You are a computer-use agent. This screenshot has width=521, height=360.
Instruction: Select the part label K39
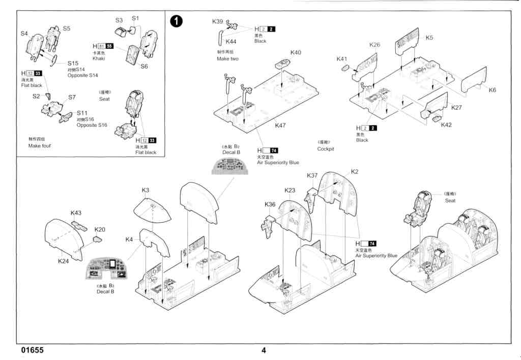[217, 21]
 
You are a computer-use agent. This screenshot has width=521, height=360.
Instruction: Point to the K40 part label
[296, 52]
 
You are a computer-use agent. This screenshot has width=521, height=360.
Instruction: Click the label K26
[374, 45]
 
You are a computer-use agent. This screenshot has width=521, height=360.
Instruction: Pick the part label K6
[492, 90]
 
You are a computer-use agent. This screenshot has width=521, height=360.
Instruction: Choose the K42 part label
[446, 125]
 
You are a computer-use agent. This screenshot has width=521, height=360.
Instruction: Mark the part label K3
[145, 190]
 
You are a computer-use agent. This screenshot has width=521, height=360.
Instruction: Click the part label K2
[355, 172]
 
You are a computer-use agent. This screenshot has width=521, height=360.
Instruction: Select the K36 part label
[270, 204]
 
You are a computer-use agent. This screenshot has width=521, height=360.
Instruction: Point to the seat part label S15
[73, 63]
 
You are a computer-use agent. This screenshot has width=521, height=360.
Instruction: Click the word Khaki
[99, 58]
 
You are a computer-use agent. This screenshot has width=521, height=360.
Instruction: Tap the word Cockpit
[325, 149]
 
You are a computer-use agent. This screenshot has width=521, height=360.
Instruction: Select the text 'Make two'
[227, 58]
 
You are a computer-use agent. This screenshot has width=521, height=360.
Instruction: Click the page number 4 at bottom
[264, 350]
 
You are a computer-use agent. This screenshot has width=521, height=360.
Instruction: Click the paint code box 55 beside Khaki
[109, 46]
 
